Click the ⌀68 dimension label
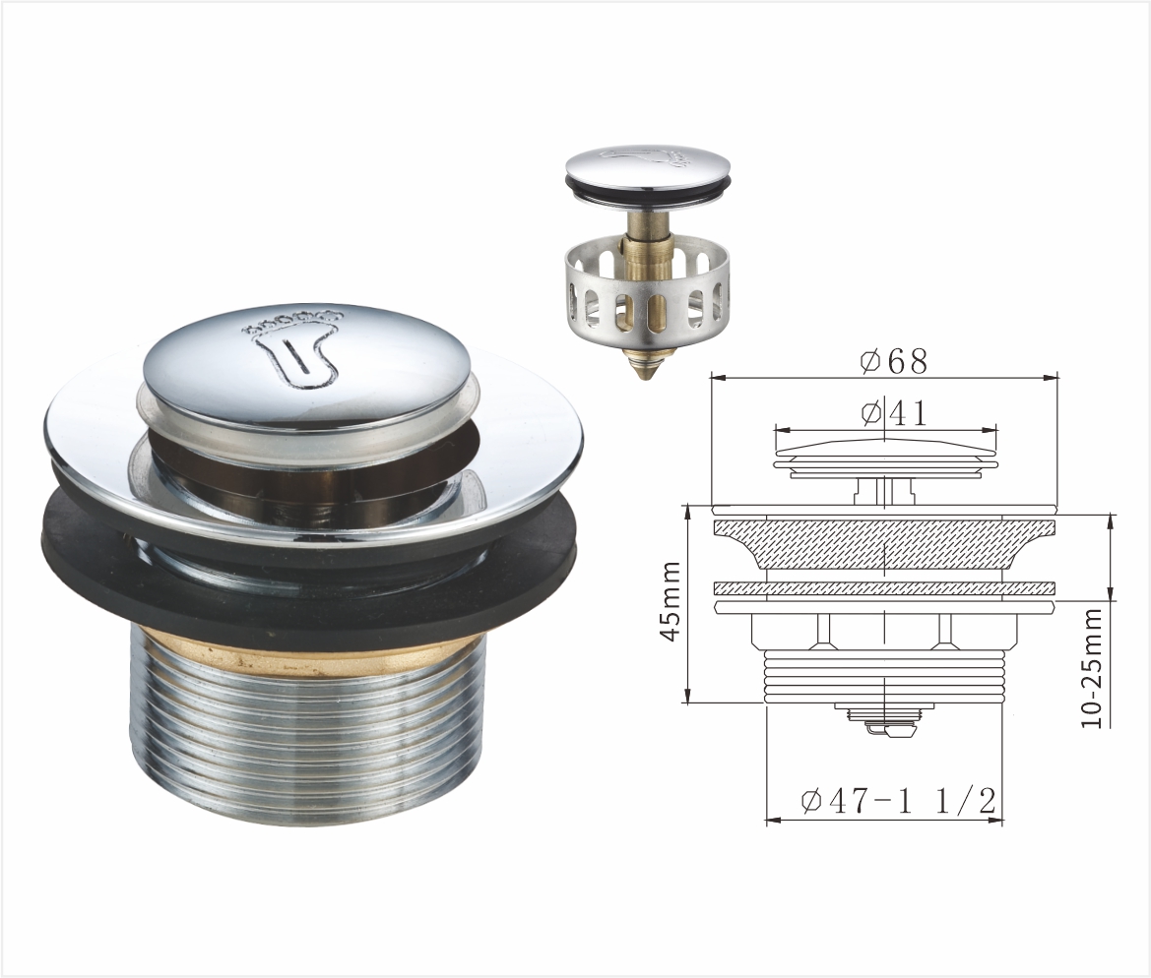point(894,361)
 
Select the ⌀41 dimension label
point(894,414)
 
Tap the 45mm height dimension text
point(671,601)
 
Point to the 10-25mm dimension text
point(1092,668)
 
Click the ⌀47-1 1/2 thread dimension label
point(899,801)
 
